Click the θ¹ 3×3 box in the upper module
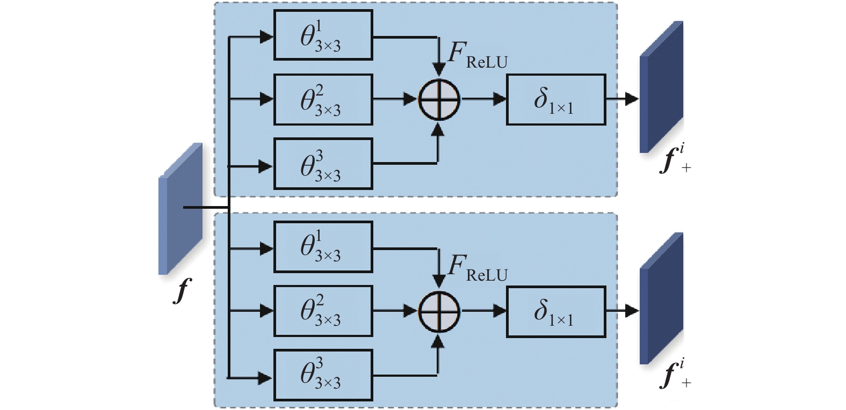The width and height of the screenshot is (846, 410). coord(323,35)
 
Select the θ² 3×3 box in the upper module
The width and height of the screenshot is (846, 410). coord(323,100)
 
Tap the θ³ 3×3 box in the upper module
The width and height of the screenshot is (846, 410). coord(323,164)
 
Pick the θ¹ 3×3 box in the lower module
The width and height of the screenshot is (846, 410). coord(323,247)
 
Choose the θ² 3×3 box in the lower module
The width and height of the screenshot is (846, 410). coord(323,311)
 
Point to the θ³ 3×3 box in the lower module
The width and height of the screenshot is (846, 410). coord(323,375)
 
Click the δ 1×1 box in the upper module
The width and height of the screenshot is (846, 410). coord(555,100)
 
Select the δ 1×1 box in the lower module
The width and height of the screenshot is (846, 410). coord(555,311)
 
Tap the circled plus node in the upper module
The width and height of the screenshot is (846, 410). coord(439,100)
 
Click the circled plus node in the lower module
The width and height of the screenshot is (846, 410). coord(439,311)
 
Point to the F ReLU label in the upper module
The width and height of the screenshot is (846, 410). coord(477,57)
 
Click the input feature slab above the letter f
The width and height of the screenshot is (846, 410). coord(180,208)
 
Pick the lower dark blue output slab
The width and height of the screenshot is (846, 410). coord(661,299)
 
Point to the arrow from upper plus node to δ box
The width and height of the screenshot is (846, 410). coord(483,99)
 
